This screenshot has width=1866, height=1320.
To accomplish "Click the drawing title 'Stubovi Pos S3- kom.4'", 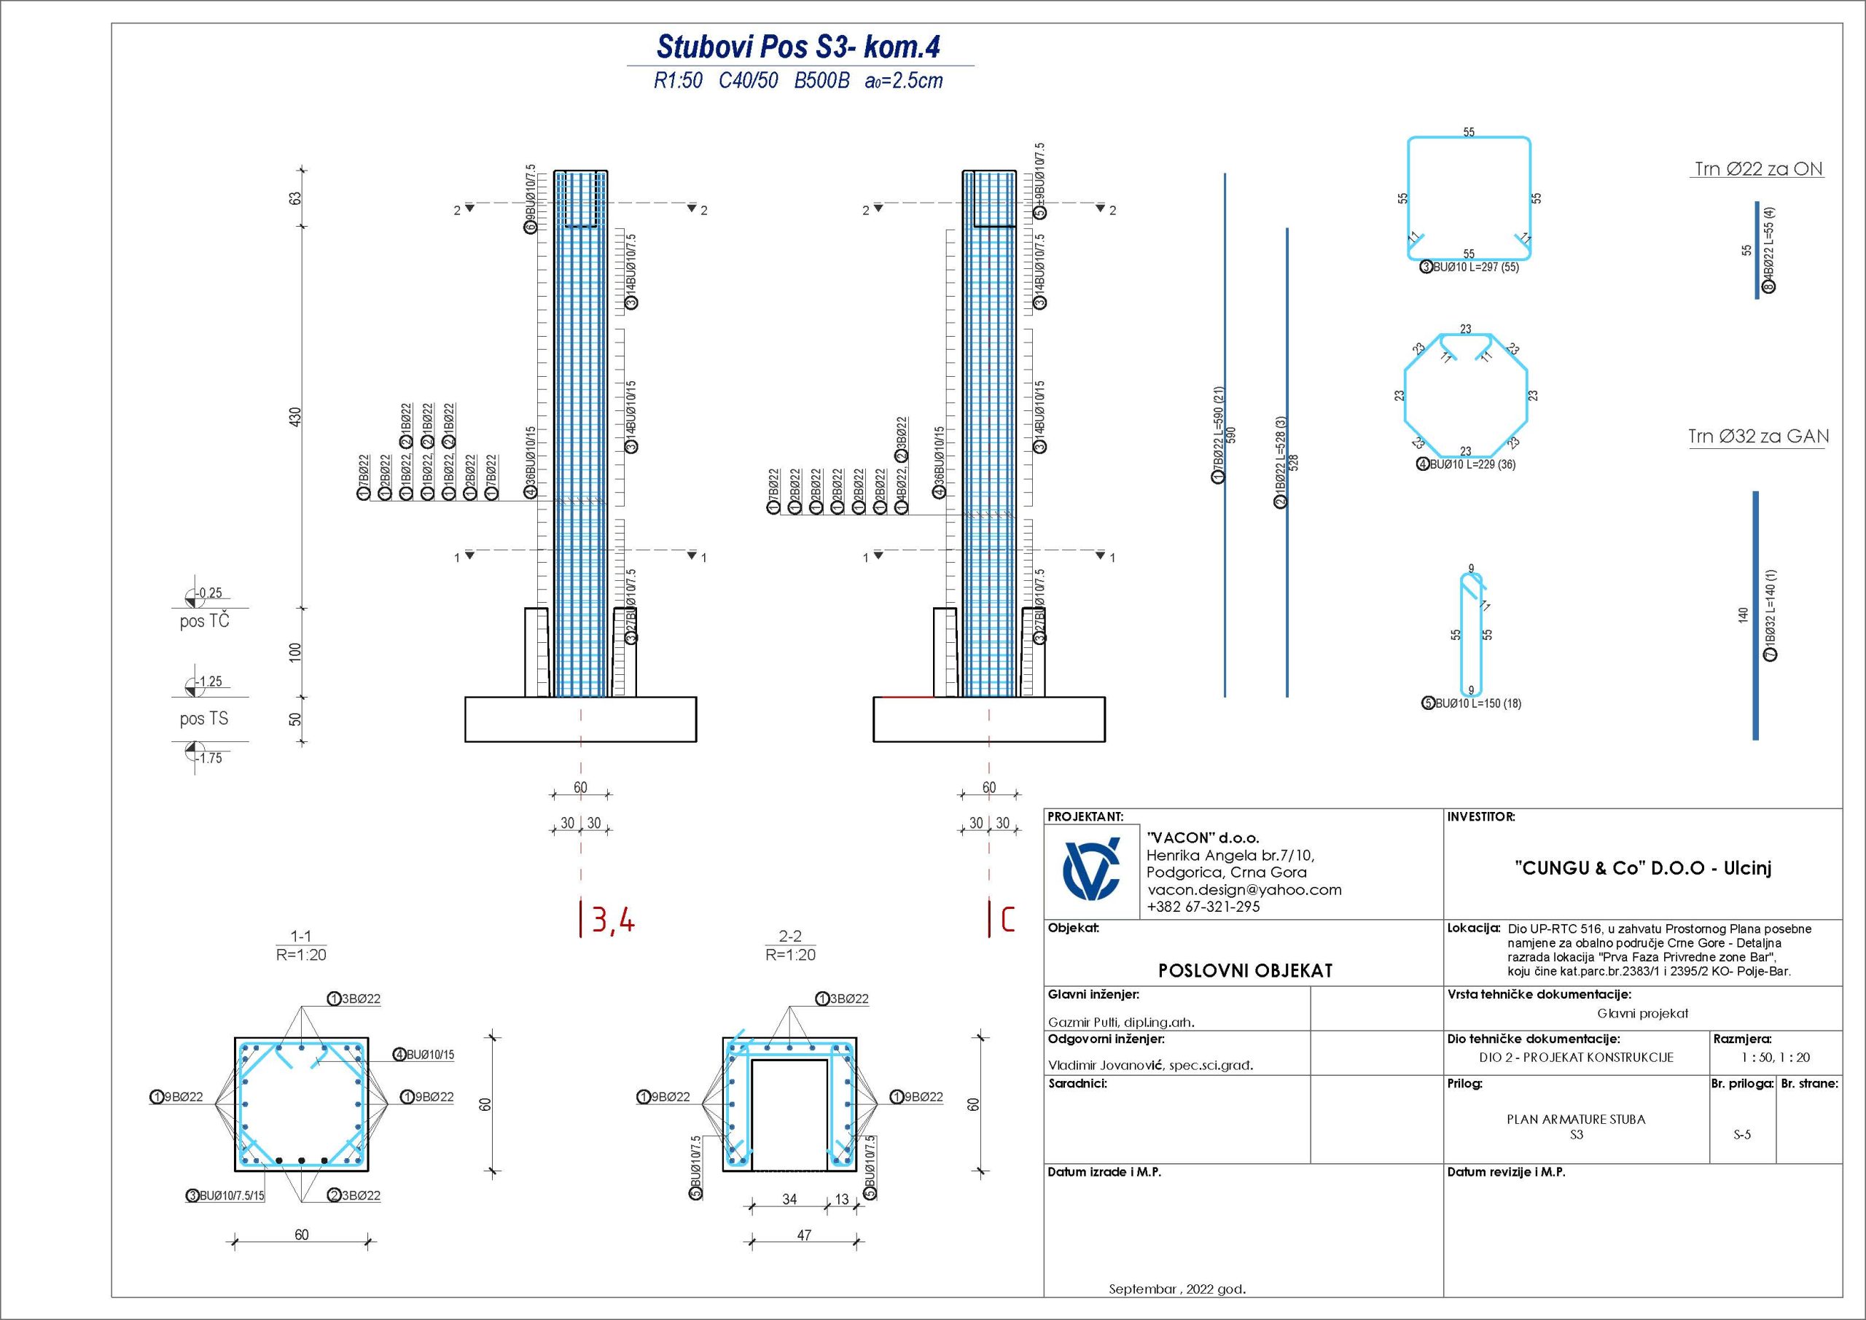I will [x=798, y=47].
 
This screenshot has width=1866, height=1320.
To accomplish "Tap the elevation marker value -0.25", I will [x=210, y=593].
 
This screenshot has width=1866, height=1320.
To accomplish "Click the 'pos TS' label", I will [x=204, y=719].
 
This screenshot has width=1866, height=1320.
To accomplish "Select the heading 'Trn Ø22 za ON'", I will [x=1758, y=169].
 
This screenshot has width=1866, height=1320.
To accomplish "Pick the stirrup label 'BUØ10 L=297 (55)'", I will [x=1475, y=267].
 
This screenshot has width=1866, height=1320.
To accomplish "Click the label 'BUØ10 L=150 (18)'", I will [x=1477, y=703].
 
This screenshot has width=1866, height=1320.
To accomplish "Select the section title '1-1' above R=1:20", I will [x=301, y=937].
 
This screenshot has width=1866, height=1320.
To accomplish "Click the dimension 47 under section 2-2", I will [x=804, y=1235].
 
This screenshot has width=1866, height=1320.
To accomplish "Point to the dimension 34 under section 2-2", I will [x=789, y=1199].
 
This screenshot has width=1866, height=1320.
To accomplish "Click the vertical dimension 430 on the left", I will [x=296, y=417].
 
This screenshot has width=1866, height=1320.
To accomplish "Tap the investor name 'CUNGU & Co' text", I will [x=1642, y=867].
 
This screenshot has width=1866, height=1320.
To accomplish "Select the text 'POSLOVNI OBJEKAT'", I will [x=1245, y=970].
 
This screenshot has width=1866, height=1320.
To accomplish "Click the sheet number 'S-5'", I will [x=1741, y=1135].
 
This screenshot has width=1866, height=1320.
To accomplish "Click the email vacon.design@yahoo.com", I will [x=1244, y=889].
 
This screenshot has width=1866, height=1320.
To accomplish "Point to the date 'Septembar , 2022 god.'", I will [x=1176, y=1289].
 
